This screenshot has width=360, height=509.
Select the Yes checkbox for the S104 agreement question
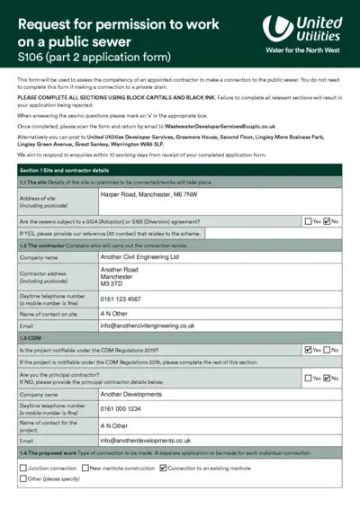[308, 220]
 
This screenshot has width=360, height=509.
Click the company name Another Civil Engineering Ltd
[139, 256]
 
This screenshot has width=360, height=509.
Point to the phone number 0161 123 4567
[121, 299]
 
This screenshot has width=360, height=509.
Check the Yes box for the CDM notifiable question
[308, 350]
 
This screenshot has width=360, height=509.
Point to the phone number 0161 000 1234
[121, 409]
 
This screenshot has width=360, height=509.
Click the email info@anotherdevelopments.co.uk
[145, 441]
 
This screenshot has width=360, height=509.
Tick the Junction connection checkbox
[22, 468]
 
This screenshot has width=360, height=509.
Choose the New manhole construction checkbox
[85, 468]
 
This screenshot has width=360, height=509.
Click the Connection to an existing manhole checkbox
[163, 468]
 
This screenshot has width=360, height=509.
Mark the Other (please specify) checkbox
[22, 478]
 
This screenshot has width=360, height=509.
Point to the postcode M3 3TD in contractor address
[112, 283]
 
